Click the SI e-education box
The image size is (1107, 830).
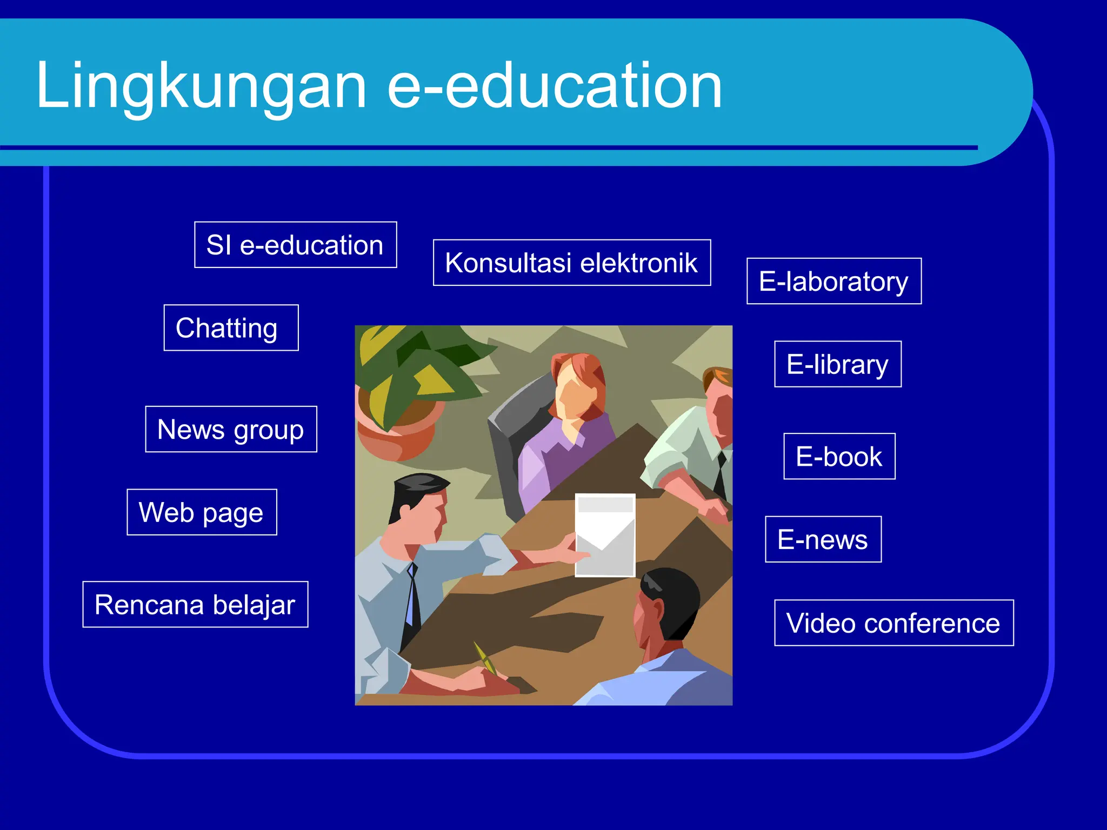(x=295, y=245)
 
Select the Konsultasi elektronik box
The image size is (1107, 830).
(x=571, y=263)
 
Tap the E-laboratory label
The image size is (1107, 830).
(x=833, y=281)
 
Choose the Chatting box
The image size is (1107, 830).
(x=231, y=328)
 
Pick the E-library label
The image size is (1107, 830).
(x=837, y=364)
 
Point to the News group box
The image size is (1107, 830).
(x=231, y=429)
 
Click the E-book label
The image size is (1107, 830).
(x=839, y=456)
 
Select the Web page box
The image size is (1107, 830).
(x=202, y=512)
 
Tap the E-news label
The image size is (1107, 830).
(x=823, y=539)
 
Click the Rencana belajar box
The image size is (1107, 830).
(x=195, y=604)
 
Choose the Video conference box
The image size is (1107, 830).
(x=893, y=622)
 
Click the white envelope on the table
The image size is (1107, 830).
(x=605, y=535)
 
